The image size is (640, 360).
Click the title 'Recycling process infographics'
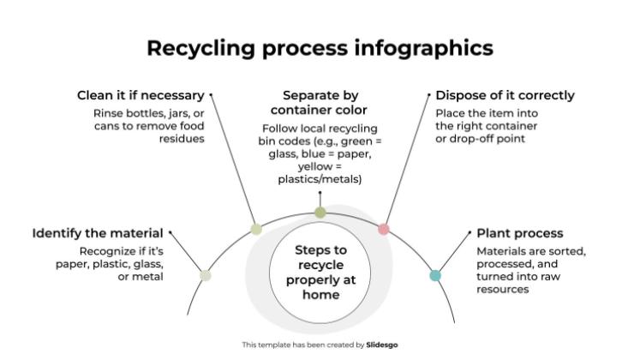click(x=320, y=47)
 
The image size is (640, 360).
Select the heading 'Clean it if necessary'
click(x=141, y=95)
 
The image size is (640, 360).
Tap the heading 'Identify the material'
click(x=99, y=233)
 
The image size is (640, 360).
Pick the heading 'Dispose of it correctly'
click(x=505, y=95)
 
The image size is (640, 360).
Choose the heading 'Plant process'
click(x=519, y=233)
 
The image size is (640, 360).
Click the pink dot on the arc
click(x=384, y=229)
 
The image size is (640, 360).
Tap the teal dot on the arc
click(x=435, y=275)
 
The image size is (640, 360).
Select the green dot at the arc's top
click(x=320, y=212)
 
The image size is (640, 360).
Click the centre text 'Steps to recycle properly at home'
click(x=320, y=272)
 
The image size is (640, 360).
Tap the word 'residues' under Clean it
click(x=183, y=139)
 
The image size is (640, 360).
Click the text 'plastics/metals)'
click(x=320, y=179)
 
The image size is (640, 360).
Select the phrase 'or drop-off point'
click(x=480, y=139)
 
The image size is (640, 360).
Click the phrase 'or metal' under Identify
click(x=141, y=277)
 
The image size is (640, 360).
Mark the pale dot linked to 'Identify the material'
click(x=205, y=275)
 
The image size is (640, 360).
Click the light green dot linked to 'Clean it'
click(x=255, y=229)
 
